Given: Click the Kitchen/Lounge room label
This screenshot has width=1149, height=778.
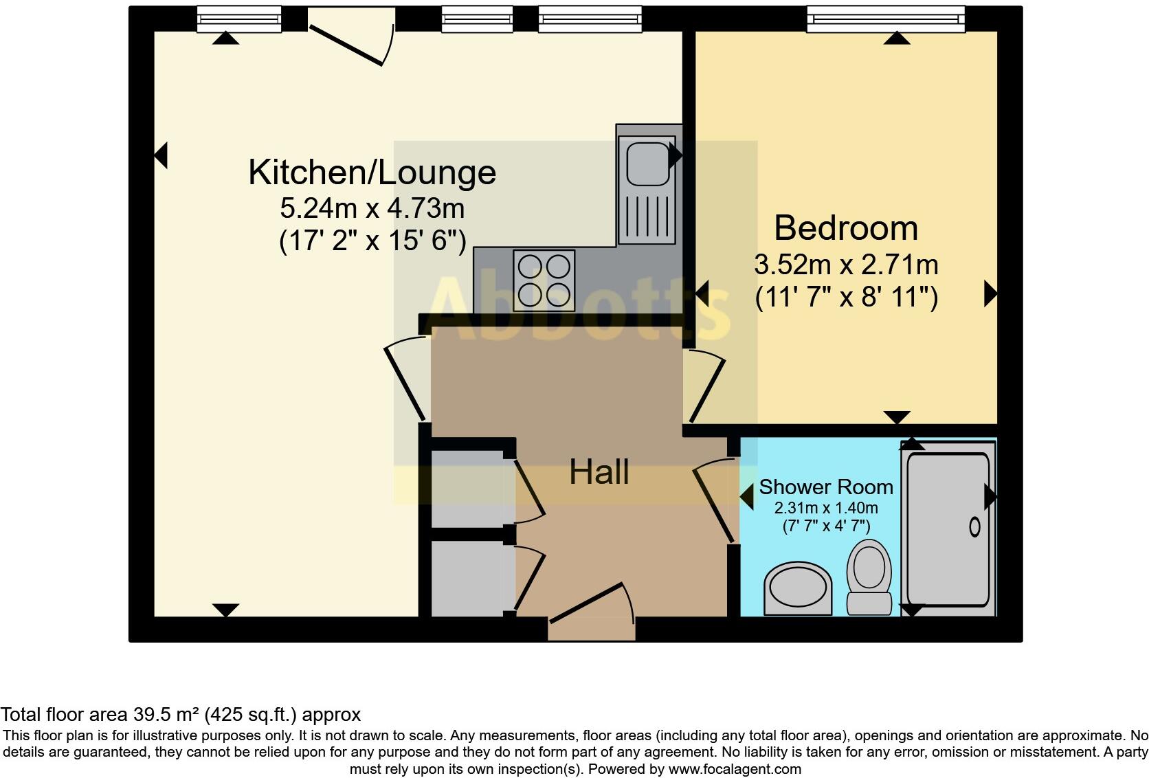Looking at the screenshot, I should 372,173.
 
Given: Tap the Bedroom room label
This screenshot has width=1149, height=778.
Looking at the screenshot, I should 845,228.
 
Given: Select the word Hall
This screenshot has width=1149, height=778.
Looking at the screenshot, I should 599,473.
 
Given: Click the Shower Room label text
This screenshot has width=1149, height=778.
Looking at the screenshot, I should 825,487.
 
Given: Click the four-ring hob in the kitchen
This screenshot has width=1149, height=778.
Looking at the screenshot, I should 544,280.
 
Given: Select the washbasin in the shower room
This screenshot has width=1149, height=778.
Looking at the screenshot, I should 797,589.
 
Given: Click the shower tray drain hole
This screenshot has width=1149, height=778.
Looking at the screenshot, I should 974,527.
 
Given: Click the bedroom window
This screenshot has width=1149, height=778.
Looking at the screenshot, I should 885,19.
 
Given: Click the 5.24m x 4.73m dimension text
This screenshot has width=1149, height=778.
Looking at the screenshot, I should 372,207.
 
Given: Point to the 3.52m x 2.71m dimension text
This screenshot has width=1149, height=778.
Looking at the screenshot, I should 845,265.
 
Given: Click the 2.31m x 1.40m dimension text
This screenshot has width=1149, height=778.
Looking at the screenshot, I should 825,509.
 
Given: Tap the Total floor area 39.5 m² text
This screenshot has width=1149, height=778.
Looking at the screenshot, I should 180,715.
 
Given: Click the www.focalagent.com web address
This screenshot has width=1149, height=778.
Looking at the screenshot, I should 735,769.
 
